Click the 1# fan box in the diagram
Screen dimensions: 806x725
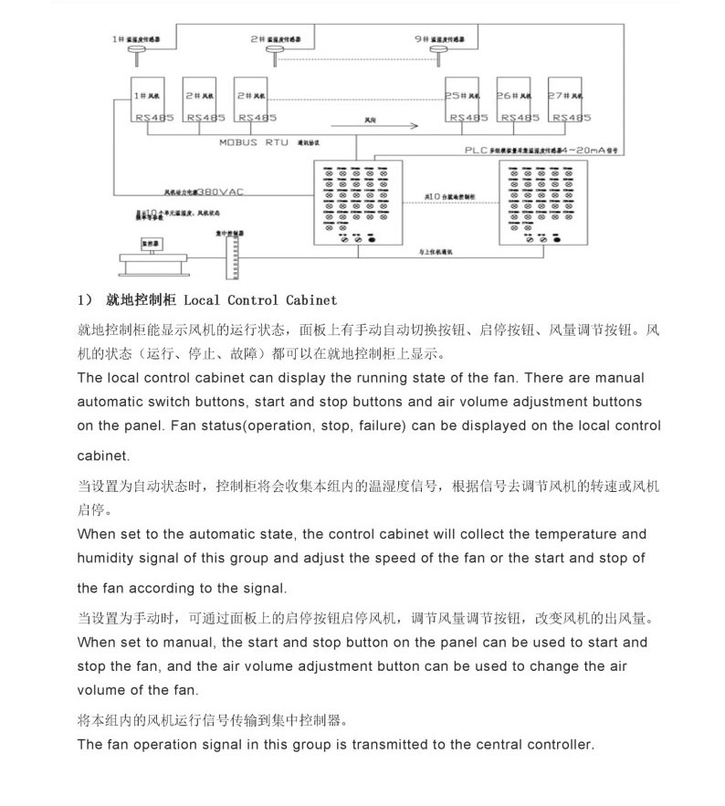coord(148,100)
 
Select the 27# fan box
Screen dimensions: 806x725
coord(566,100)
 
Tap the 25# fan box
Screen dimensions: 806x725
coord(464,100)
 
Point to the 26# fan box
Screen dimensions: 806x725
coord(515,100)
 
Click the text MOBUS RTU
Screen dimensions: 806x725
coord(253,142)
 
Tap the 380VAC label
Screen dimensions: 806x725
coord(221,193)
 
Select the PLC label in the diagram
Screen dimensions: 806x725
coord(477,150)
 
